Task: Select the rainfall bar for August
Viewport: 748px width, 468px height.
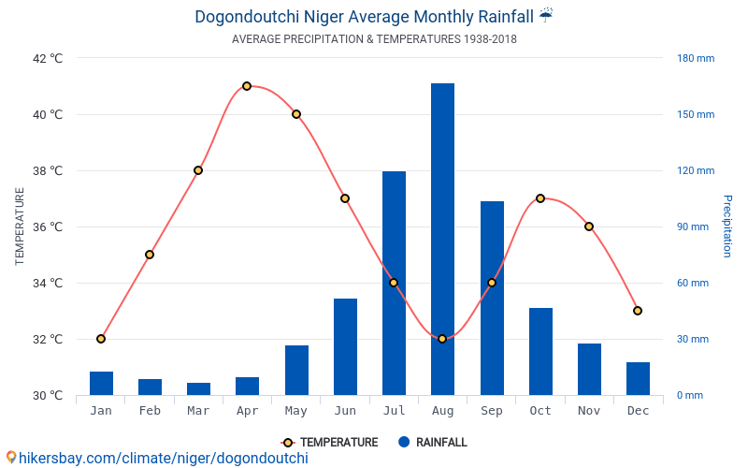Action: click(x=442, y=239)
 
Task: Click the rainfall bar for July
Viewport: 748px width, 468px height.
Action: click(x=394, y=283)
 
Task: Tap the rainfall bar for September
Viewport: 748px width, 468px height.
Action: click(x=492, y=298)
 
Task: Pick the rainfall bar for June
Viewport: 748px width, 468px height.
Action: click(x=345, y=346)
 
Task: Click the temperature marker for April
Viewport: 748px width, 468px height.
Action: click(x=247, y=86)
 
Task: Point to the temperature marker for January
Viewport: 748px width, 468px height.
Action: click(x=101, y=339)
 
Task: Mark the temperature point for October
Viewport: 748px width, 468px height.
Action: click(x=540, y=198)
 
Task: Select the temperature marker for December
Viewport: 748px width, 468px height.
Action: click(x=638, y=311)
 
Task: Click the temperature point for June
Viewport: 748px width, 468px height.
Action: click(x=345, y=198)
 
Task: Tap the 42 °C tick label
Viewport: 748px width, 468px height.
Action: click(x=48, y=58)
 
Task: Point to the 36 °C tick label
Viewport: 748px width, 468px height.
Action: click(x=48, y=227)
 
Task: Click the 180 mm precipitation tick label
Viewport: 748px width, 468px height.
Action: click(x=696, y=58)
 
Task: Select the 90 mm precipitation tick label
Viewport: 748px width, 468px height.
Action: click(x=693, y=227)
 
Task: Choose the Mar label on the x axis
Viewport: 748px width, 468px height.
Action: click(x=198, y=410)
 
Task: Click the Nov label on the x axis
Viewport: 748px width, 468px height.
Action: click(x=589, y=410)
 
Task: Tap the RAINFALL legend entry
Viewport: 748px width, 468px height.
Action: click(x=432, y=443)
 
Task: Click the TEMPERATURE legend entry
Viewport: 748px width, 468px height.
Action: click(x=330, y=443)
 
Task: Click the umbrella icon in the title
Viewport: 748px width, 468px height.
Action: click(x=546, y=15)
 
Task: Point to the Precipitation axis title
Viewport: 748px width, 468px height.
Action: click(x=726, y=227)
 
